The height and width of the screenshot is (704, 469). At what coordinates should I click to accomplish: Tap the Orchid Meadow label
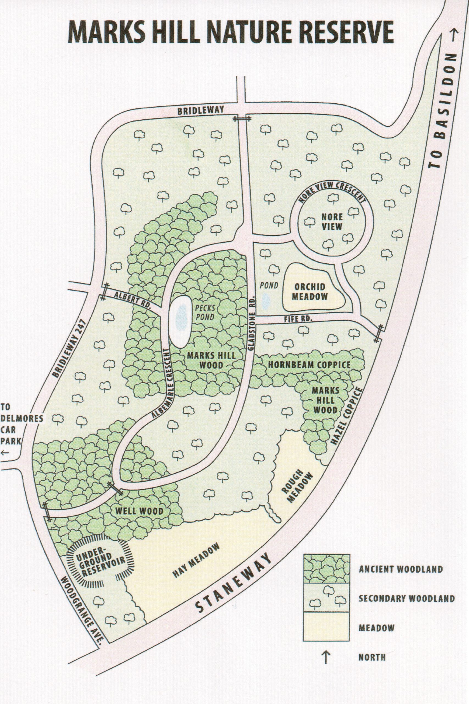(310, 291)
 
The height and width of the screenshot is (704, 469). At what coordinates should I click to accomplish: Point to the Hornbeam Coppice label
(309, 365)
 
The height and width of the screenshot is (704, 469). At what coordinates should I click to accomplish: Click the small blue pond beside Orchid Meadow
(266, 301)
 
